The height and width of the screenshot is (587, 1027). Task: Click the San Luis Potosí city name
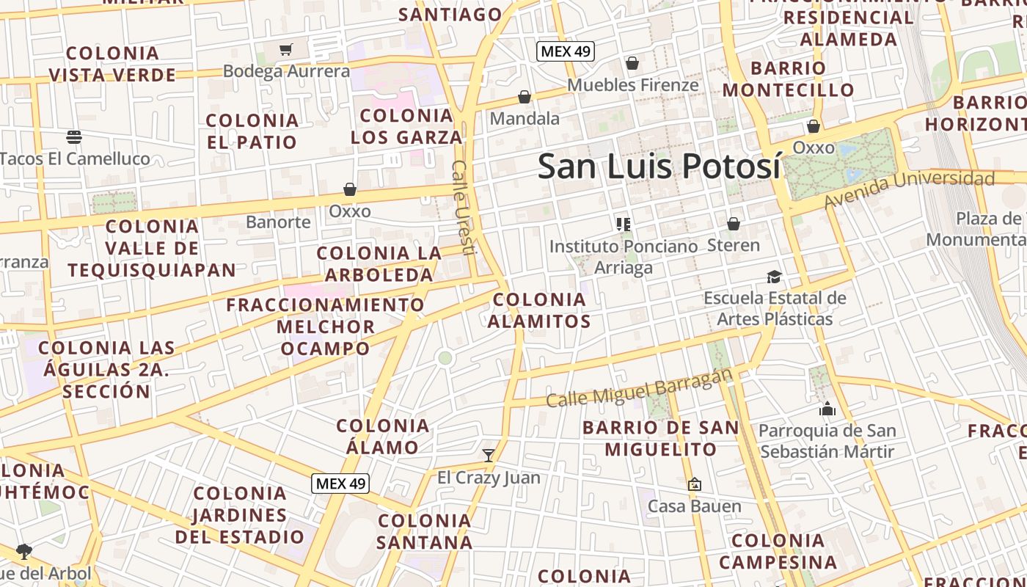[x=659, y=166]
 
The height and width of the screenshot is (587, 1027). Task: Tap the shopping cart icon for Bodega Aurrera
[x=286, y=50]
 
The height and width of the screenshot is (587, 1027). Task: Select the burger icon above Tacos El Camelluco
[x=73, y=136]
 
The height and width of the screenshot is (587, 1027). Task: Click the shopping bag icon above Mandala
[x=525, y=97]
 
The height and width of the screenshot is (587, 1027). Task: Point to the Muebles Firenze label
[x=632, y=85]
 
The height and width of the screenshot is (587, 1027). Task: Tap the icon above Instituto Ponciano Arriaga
[x=624, y=224]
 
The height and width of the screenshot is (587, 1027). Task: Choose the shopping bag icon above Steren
[x=734, y=224]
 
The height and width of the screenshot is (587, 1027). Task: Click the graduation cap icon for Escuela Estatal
[x=774, y=277]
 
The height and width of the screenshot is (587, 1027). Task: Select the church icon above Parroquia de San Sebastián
[x=827, y=409]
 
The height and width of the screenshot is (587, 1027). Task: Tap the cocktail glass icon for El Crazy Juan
[x=489, y=456]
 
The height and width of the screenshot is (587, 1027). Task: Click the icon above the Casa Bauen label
[x=694, y=484]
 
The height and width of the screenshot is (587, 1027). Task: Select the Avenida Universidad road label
[x=909, y=188]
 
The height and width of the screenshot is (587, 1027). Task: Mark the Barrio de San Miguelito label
[x=660, y=438]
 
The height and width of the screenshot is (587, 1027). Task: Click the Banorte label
[x=278, y=222]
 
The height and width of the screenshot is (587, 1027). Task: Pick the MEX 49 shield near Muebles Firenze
[x=565, y=51]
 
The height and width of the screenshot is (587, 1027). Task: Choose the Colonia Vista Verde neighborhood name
[x=113, y=64]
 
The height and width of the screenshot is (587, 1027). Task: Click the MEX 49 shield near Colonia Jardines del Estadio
[x=340, y=484]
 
